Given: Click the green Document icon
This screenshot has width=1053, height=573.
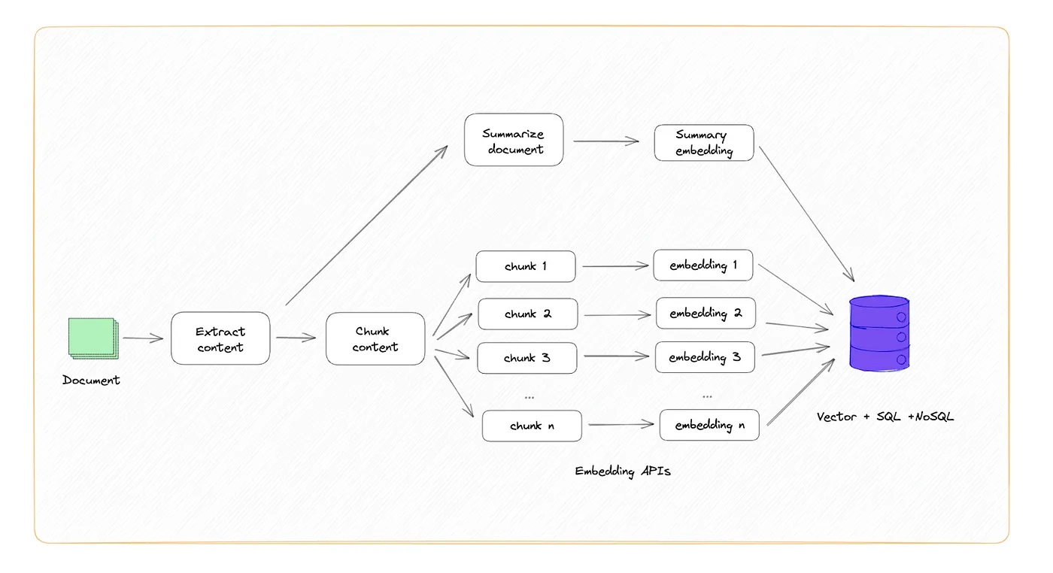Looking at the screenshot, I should coord(92,338).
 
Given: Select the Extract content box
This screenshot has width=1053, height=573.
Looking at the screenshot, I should coord(220,339).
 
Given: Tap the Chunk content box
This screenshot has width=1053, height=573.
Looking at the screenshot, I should coord(375,339).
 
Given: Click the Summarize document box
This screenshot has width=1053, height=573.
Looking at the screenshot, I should coord(514,141).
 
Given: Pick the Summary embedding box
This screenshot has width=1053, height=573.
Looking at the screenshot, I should coord(703,143).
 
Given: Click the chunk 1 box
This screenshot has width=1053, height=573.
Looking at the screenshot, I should coord(526,266).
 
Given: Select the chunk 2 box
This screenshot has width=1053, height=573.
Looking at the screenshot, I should coord(528,314).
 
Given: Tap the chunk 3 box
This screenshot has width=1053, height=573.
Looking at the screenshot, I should coord(527,358).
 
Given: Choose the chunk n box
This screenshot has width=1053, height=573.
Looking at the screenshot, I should coord(532,426).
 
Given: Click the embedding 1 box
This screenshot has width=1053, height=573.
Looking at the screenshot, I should coord(703,265).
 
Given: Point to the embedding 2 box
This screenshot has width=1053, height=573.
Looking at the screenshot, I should coord(706,313).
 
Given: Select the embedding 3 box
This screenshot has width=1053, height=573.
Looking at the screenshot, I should coord(705,357).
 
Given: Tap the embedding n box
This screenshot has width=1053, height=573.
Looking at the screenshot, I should coord(709,425).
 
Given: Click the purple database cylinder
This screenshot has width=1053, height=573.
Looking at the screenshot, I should coord(879,333).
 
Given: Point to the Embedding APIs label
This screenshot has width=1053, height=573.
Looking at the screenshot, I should coord(623,471).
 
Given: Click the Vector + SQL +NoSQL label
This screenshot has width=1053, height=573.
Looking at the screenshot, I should coord(885,416).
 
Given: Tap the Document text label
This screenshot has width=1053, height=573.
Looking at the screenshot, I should coord(91,380).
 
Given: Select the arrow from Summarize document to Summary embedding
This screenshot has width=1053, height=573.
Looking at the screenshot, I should coord(606,141).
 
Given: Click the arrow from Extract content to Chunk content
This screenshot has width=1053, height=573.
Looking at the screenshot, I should coord(296,338).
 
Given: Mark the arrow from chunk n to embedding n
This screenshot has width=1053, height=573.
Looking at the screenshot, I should coord(621,425).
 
